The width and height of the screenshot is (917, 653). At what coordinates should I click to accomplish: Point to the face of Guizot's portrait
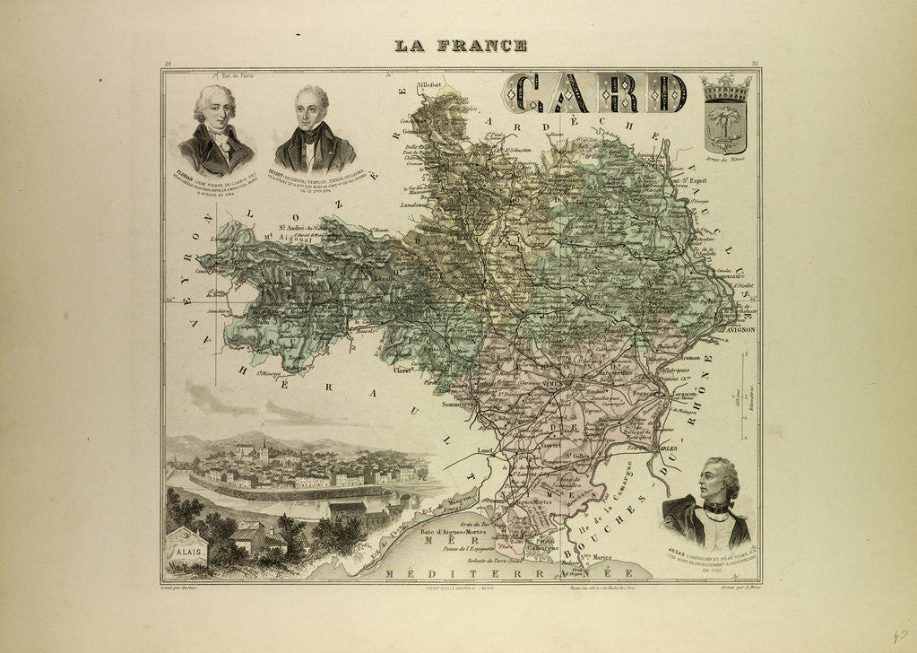pos(314,105)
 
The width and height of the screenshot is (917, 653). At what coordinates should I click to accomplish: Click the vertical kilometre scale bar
pos(740,396)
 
